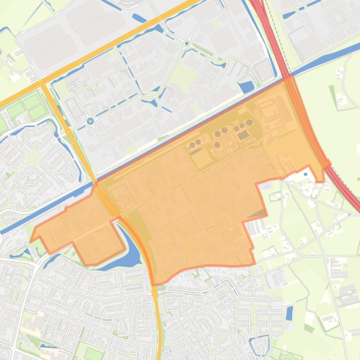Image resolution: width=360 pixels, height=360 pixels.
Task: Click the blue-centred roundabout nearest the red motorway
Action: (187, 43)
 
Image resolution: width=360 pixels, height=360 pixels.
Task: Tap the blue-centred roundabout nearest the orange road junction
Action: (90, 122)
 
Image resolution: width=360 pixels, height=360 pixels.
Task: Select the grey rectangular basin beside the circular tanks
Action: (243, 136)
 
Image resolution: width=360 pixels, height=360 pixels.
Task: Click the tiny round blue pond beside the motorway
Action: (306, 174)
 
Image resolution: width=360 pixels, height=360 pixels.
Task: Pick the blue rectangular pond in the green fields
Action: (289, 312)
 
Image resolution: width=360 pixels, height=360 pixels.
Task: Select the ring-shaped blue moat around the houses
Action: (260, 345)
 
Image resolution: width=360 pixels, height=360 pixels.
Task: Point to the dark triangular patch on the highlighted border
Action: (257, 215)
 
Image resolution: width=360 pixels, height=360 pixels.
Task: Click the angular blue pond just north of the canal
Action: (246, 86)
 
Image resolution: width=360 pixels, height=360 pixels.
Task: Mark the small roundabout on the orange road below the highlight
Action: (155, 293)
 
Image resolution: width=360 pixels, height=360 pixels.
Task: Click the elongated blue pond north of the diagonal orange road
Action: (139, 18)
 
